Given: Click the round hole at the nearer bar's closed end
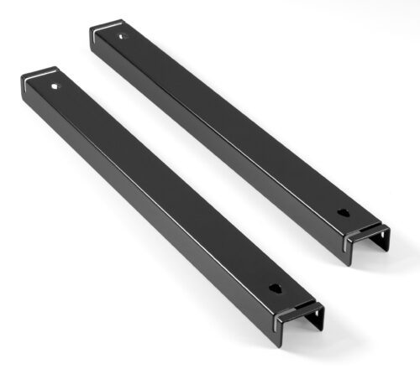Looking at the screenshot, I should coord(55,86).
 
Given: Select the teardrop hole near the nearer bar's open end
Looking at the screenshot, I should coord(276,288).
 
